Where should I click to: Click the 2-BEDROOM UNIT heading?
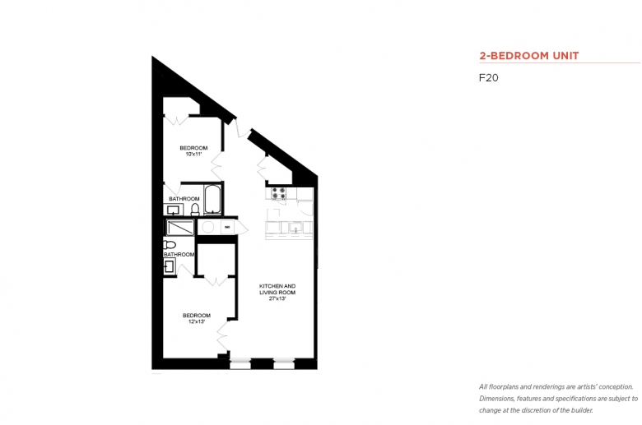coord(529,56)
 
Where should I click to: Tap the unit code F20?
coord(488,78)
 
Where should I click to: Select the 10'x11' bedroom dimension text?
coord(193,155)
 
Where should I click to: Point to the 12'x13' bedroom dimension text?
coord(197,321)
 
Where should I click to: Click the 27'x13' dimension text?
coord(277,298)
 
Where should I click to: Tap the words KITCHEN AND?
coord(277,286)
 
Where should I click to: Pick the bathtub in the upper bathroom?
coord(212,199)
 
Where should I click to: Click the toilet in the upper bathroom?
coord(195,210)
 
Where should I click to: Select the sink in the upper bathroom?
coord(174,210)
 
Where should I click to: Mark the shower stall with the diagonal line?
coord(180,228)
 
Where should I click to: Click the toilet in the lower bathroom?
coord(169,245)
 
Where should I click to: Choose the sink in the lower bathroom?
coord(170,267)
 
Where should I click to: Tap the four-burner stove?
coord(279,193)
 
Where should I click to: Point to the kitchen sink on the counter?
coord(295,227)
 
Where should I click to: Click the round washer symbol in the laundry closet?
coord(208,227)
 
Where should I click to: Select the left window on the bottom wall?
coord(240,363)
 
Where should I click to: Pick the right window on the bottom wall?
coord(284,363)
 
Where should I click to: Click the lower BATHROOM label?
coord(179,255)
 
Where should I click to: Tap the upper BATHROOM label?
coord(184,199)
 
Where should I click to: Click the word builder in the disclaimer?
coord(582,410)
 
